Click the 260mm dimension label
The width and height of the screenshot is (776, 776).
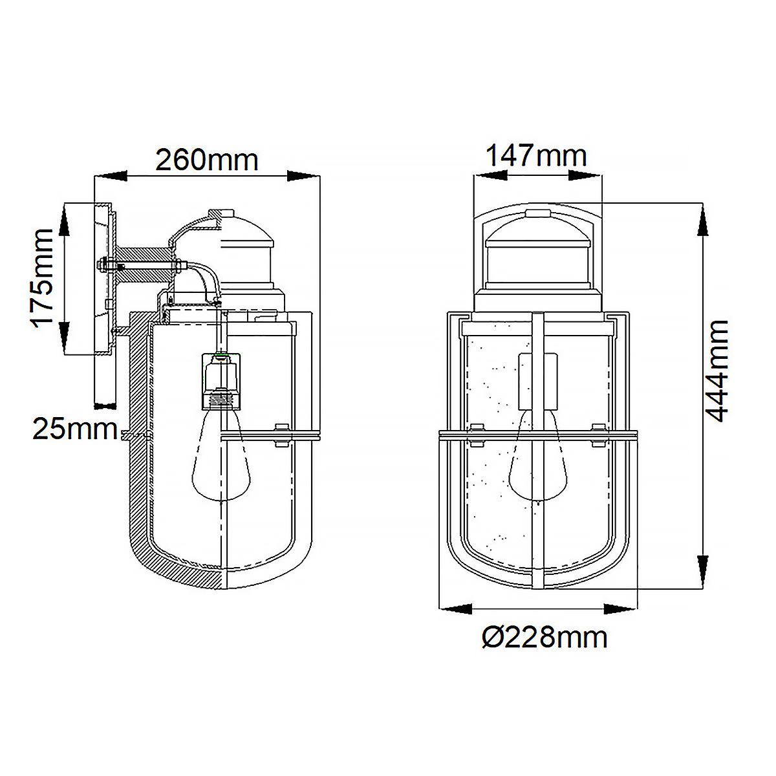[x=206, y=159]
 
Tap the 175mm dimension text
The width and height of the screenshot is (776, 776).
[x=43, y=278]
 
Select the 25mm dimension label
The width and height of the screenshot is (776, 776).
[x=74, y=429]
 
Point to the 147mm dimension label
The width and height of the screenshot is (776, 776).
[x=536, y=156]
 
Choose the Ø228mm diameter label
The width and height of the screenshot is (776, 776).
[x=544, y=638]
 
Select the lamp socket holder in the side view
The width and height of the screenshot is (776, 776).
[x=220, y=382]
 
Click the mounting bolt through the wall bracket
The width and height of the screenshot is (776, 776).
[x=142, y=264]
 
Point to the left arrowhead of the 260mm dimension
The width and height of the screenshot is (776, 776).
[x=110, y=176]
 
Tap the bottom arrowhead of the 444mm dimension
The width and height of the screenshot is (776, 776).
[x=700, y=572]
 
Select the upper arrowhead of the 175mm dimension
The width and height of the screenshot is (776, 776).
[x=64, y=220]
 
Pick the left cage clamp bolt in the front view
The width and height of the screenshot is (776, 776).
[x=475, y=435]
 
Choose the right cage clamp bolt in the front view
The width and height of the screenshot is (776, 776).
[x=599, y=435]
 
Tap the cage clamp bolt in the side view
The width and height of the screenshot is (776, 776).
[x=281, y=435]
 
